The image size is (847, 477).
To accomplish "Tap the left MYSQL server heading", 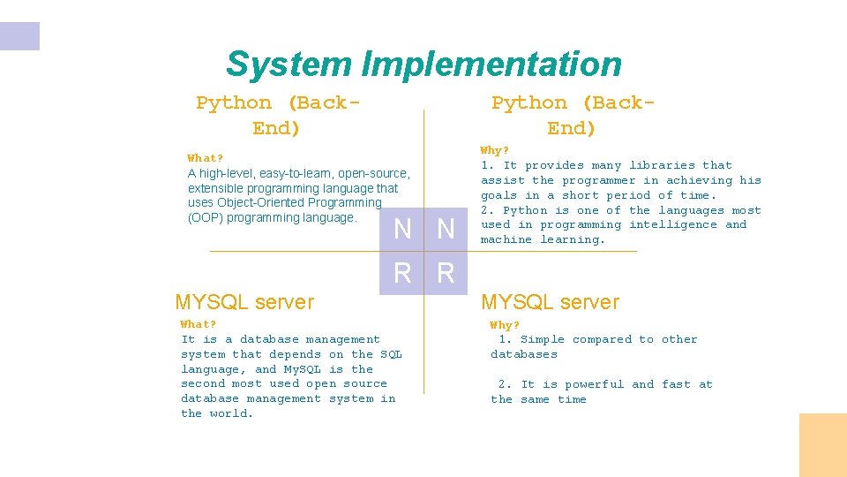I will click(244, 302).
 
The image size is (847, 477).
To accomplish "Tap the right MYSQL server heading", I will click(550, 302).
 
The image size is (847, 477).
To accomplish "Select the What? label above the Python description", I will click(205, 158).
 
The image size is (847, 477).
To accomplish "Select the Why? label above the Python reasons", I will click(494, 150).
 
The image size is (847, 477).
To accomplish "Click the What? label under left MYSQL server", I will click(199, 324).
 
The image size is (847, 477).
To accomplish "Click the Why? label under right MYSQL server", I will click(505, 325).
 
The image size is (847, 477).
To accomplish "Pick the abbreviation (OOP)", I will click(206, 217).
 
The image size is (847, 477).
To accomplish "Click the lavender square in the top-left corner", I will click(19, 36).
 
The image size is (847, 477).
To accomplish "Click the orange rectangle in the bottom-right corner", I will click(822, 445).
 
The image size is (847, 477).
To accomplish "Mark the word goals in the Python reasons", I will click(498, 195).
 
